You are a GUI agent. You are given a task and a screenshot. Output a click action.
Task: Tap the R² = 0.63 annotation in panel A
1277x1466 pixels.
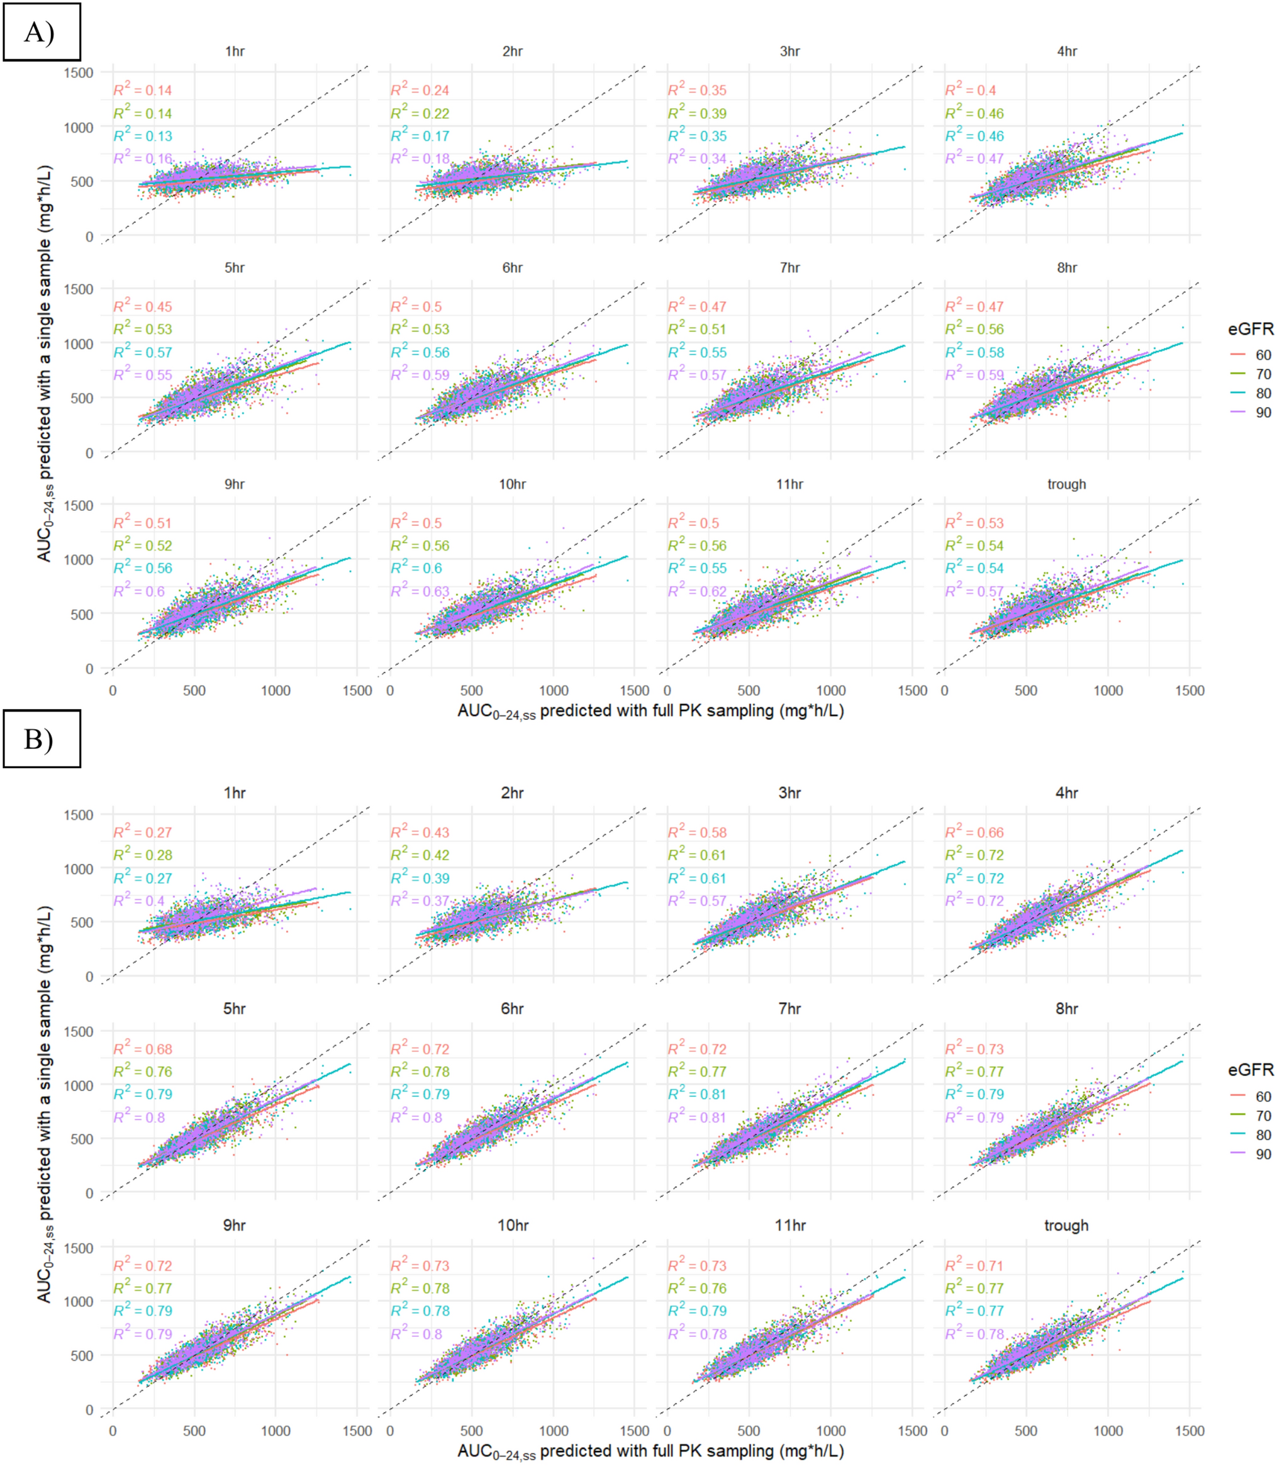point(420,591)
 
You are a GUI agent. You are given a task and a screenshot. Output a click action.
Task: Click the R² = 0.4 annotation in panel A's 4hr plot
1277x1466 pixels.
point(970,90)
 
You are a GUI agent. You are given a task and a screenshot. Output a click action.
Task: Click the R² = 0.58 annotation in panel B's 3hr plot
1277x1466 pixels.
point(697,832)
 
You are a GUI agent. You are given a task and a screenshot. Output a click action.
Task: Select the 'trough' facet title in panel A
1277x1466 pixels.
point(1066,484)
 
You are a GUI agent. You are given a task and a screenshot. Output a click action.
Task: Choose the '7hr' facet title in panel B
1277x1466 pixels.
point(789,1009)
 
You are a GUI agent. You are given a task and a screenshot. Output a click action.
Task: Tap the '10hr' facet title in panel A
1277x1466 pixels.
point(511,484)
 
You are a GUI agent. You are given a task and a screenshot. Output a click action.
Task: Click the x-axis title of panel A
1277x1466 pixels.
point(650,711)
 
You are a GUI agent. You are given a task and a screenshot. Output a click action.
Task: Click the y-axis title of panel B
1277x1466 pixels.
point(44,1105)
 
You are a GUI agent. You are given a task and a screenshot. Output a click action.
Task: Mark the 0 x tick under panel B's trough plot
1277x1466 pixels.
point(944,1430)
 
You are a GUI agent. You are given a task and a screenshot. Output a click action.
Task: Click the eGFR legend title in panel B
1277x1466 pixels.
point(1250,1070)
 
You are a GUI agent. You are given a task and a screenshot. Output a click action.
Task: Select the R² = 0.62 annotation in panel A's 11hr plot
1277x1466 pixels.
point(697,591)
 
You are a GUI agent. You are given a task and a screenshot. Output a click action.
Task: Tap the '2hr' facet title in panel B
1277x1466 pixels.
point(511,793)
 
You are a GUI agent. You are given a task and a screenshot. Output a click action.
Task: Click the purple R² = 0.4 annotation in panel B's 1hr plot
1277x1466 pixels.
point(139,900)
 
